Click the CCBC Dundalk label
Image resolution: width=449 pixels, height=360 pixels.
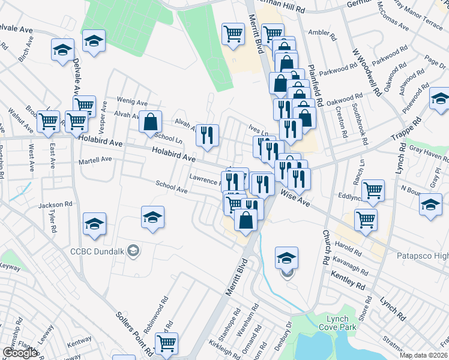(x=98, y=250)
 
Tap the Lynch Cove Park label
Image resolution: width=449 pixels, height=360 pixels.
(x=342, y=323)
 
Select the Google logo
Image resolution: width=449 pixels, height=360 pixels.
(x=19, y=353)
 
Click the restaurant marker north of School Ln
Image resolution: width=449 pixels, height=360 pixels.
(x=207, y=136)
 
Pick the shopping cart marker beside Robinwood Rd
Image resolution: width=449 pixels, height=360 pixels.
(x=166, y=343)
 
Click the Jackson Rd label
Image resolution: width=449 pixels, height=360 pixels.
(x=50, y=205)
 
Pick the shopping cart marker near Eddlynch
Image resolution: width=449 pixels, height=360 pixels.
(x=373, y=190)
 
